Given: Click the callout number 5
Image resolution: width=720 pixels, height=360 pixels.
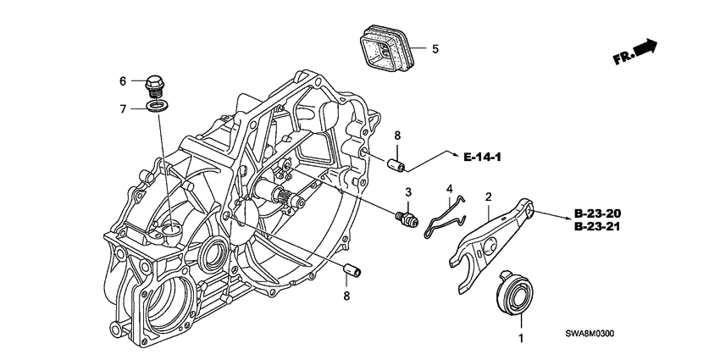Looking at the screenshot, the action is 435,48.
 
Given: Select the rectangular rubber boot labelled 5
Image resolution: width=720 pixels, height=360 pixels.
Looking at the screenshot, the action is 386,50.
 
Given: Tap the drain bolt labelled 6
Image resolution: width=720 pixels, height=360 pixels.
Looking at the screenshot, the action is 154,86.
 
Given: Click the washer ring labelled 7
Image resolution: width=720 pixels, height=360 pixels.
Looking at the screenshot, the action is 157,107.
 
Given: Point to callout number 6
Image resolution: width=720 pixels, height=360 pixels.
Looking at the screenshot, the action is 123,81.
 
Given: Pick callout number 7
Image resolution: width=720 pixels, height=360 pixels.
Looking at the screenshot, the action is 123,109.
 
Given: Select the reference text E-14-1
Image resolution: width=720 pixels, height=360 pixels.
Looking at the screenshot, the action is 482,158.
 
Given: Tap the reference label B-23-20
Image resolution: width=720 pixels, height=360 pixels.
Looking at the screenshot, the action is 597,213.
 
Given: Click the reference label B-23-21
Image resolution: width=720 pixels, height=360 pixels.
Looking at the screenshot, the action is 597,226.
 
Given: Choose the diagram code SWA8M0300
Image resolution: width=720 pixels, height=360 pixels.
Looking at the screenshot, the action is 590,334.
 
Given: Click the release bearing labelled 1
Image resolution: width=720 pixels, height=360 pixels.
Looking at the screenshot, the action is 516,292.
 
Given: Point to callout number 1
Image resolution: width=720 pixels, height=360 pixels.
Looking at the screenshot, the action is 521,339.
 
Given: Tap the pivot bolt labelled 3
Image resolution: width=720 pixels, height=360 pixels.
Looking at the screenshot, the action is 407,219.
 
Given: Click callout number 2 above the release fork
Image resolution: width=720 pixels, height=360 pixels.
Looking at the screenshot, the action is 489,197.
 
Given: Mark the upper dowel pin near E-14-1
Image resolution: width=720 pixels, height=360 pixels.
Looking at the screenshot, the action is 396,165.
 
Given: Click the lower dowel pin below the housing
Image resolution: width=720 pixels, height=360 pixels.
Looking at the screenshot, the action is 352,270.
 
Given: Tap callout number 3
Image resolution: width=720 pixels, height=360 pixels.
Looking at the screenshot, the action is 407,192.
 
